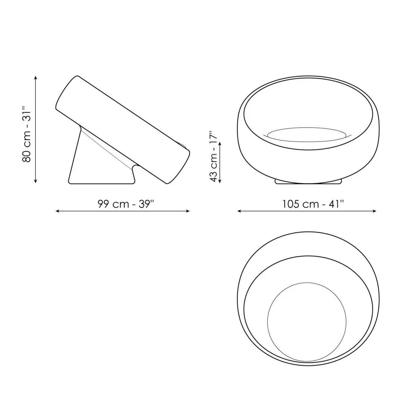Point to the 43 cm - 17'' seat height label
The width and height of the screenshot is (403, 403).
pyautogui.click(x=214, y=156)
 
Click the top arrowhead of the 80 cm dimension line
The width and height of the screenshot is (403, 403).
pyautogui.click(x=36, y=77)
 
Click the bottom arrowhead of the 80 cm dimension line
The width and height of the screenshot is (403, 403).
pyautogui.click(x=36, y=181)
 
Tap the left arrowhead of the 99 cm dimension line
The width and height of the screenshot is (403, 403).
pyautogui.click(x=57, y=211)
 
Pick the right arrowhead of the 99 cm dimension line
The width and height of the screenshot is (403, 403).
pyautogui.click(x=188, y=211)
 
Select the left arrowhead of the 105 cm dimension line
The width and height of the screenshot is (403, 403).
pyautogui.click(x=239, y=211)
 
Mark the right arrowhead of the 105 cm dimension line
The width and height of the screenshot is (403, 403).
pyautogui.click(x=375, y=211)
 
